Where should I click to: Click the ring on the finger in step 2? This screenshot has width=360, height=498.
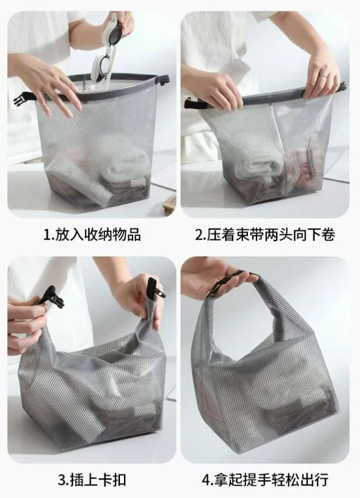pyautogui.click(x=322, y=76)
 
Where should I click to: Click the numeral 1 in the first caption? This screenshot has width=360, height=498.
pyautogui.click(x=47, y=235)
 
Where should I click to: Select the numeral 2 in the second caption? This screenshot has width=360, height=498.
pyautogui.click(x=199, y=235)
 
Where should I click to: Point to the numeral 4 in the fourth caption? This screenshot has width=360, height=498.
pyautogui.click(x=206, y=480)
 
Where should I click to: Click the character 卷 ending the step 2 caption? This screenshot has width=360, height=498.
pyautogui.click(x=328, y=235)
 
